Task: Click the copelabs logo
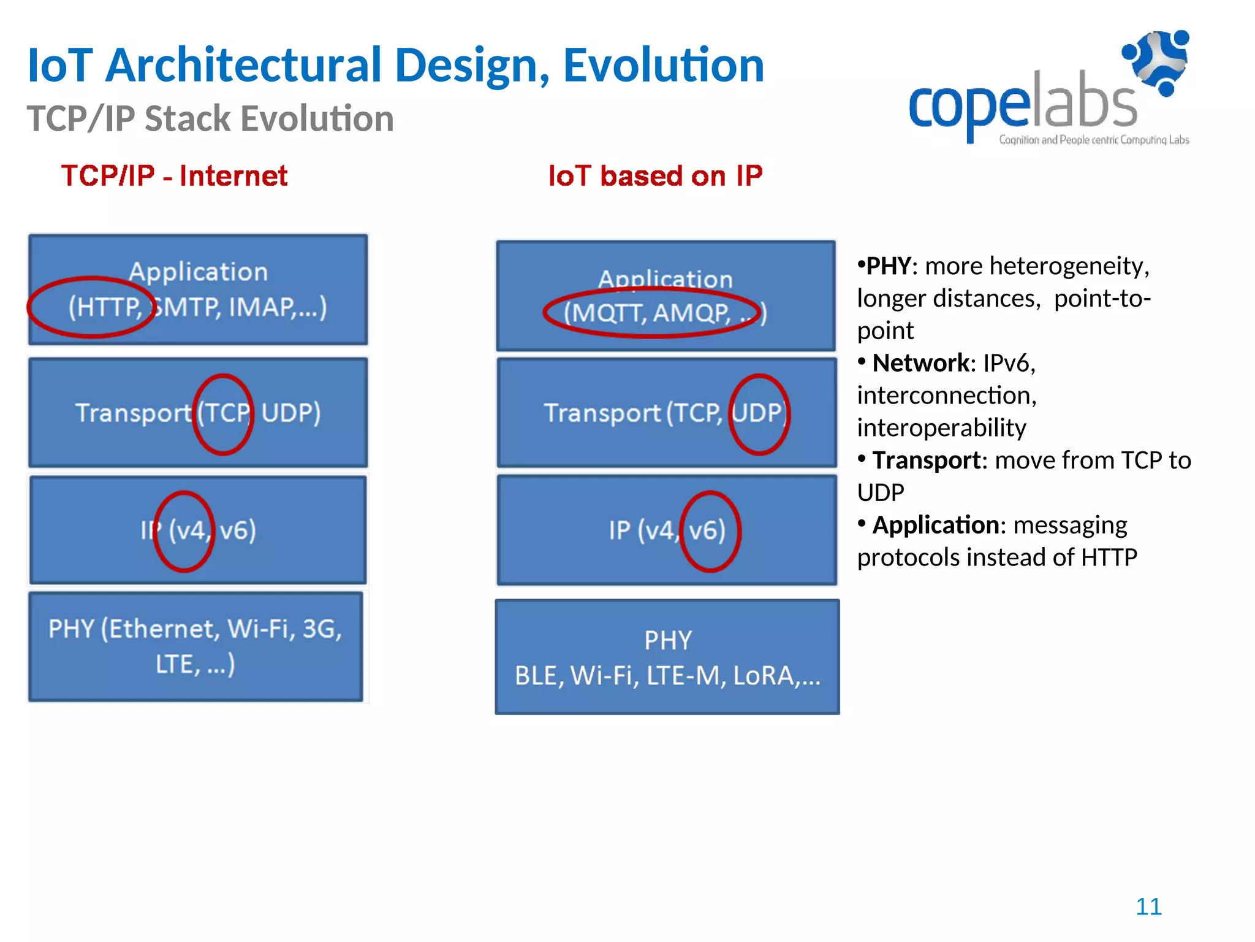[x=1048, y=92]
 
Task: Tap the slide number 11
[x=1148, y=906]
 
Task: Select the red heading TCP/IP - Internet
[x=174, y=176]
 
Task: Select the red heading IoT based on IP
[x=655, y=176]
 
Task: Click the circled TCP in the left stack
[x=223, y=413]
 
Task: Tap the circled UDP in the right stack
[x=759, y=413]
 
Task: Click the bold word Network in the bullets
[x=920, y=363]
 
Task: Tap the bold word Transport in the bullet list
[x=926, y=461]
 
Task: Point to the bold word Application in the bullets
[x=936, y=526]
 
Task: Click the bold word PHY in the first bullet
[x=888, y=266]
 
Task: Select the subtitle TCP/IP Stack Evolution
[x=210, y=118]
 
